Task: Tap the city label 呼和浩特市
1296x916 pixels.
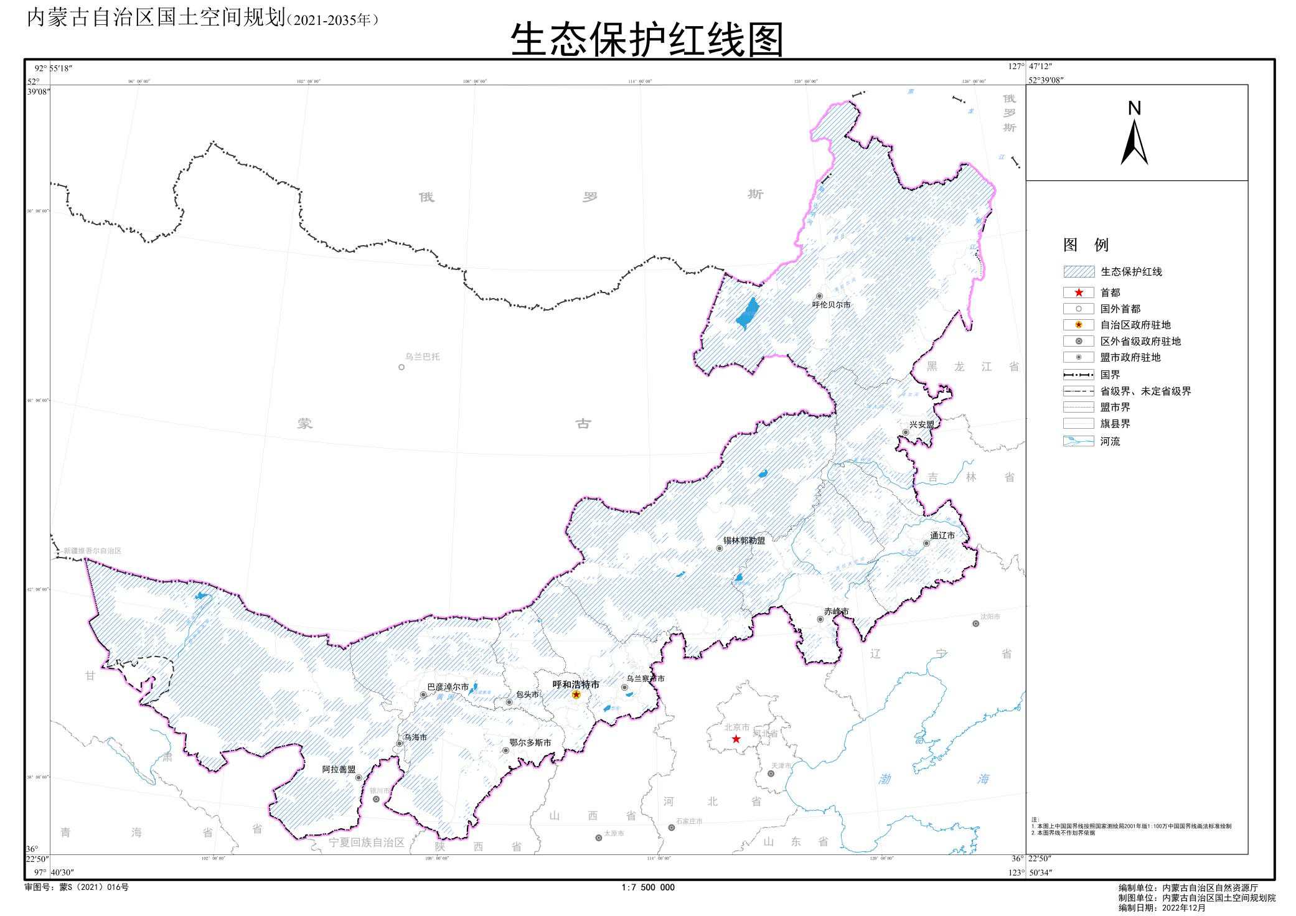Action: (x=576, y=684)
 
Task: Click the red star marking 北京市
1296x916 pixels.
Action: (x=736, y=739)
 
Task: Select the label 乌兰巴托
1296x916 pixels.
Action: (x=422, y=357)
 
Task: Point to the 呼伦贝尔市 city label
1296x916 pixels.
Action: (x=831, y=305)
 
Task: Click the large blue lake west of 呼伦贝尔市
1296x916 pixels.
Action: (x=748, y=313)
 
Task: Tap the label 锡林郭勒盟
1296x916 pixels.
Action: (x=744, y=540)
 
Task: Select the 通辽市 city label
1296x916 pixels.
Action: (x=942, y=535)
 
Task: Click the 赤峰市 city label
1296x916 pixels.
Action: (x=836, y=612)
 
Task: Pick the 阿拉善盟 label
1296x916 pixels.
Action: (x=339, y=769)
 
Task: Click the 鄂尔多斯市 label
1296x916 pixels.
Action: (x=530, y=742)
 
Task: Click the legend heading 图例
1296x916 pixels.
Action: (x=1086, y=245)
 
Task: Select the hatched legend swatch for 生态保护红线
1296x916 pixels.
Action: (x=1079, y=271)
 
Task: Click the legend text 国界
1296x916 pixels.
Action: (x=1110, y=375)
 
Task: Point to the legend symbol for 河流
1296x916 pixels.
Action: (x=1079, y=441)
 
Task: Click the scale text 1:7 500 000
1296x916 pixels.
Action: (x=647, y=887)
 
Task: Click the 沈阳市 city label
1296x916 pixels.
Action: (x=990, y=616)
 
